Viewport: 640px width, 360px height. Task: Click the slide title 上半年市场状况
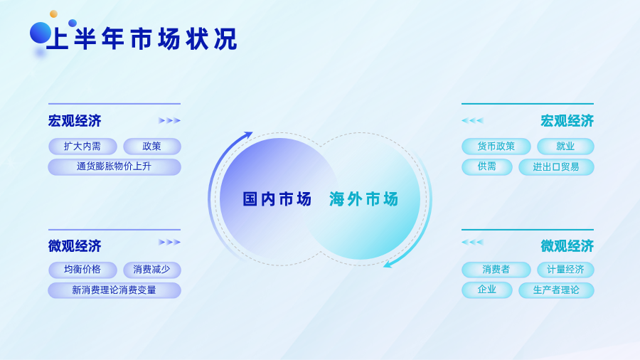142,39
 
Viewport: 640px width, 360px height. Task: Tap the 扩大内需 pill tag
82,146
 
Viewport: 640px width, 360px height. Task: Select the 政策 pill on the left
152,146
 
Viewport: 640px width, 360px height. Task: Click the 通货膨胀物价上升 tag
114,166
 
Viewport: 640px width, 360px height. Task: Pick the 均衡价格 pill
82,270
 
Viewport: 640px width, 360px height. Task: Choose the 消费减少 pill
152,270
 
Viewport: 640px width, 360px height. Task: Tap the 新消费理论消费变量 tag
114,290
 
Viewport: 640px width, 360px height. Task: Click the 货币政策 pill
496,146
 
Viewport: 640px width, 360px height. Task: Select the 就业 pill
565,146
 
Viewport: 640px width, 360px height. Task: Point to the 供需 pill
487,166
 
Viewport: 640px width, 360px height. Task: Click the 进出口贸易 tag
556,166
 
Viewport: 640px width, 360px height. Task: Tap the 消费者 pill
496,270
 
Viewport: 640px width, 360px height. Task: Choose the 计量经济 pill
565,270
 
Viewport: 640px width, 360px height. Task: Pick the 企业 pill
487,290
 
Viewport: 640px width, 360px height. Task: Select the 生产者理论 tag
556,290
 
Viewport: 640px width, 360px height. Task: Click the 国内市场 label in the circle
277,199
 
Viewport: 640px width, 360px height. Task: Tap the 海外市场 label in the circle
363,199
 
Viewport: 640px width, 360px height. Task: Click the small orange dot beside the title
53,14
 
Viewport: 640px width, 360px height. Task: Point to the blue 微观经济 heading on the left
75,246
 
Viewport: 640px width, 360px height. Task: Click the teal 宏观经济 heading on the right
567,121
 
